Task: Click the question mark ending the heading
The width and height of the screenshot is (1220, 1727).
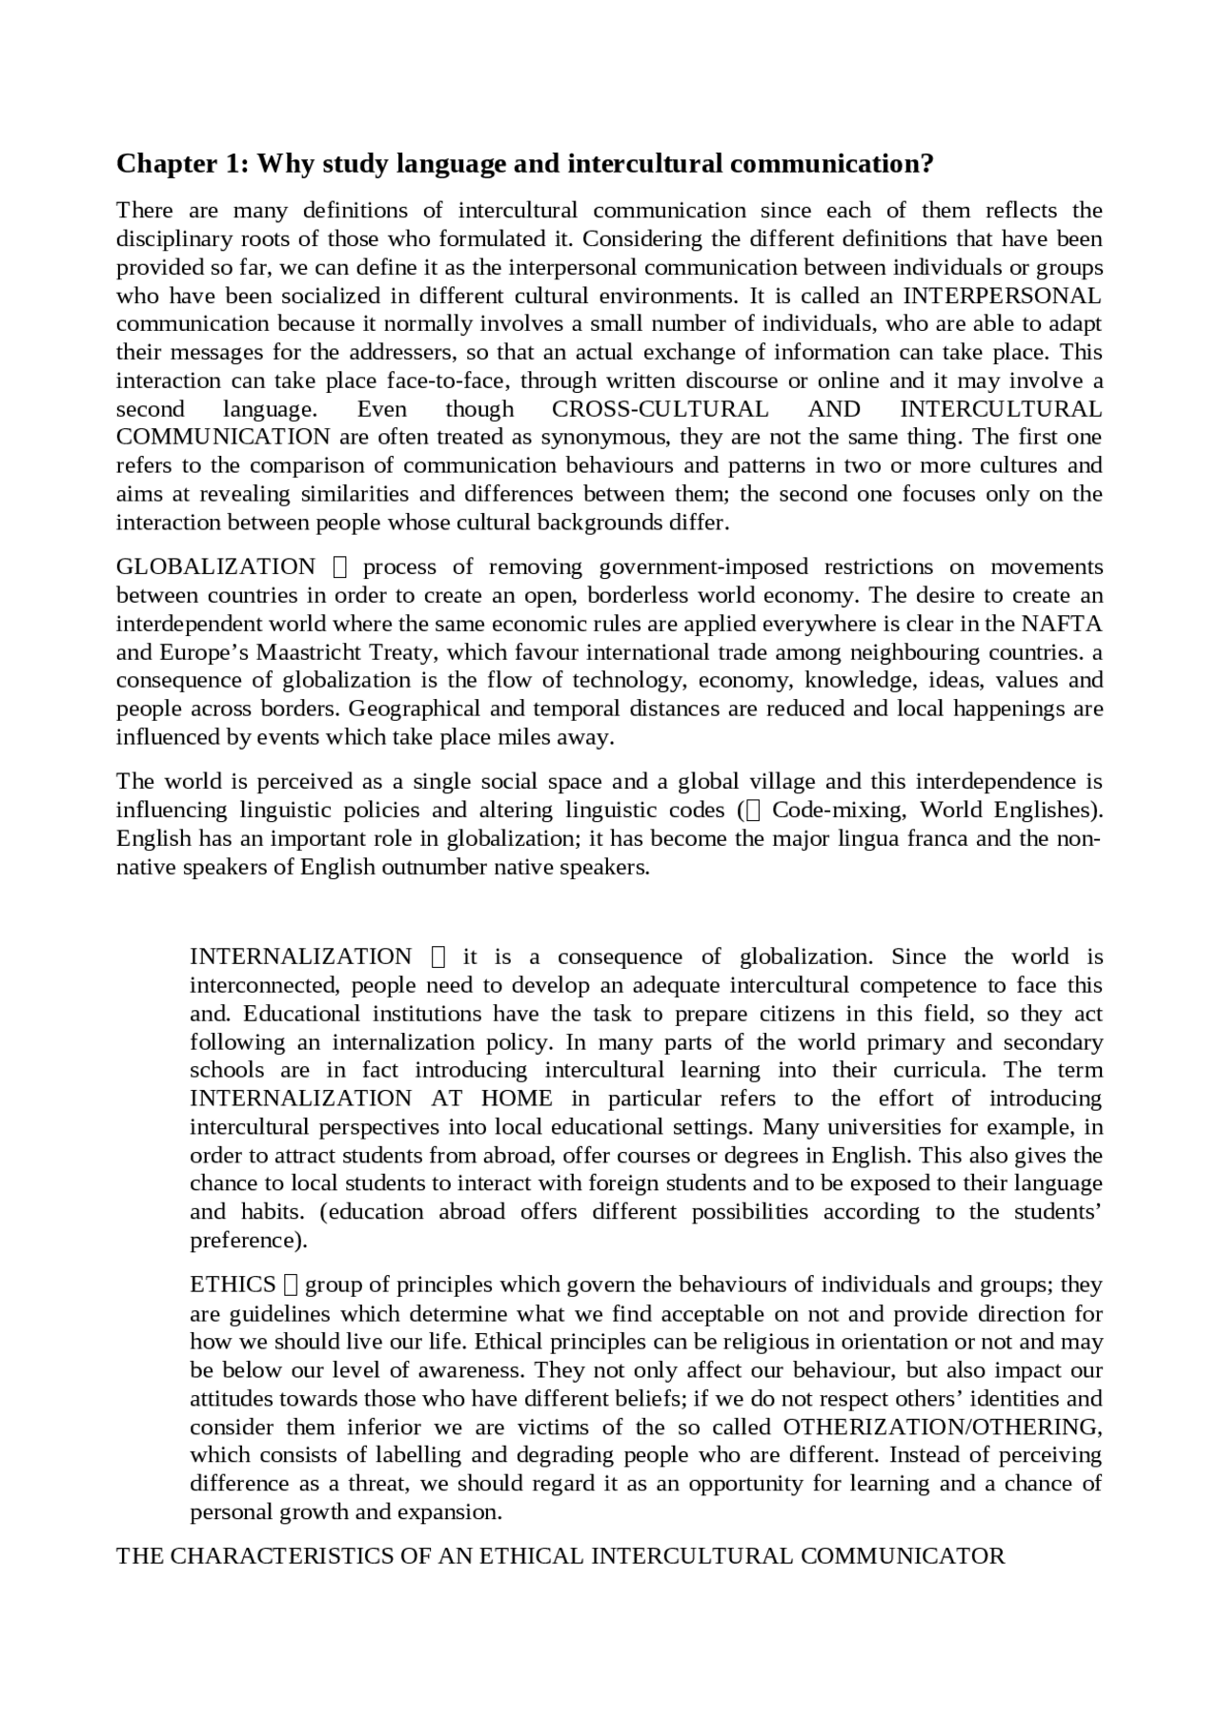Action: coord(926,164)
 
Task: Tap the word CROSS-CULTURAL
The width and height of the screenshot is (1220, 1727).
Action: coord(660,409)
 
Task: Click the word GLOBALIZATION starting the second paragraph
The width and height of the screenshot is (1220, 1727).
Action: coord(215,566)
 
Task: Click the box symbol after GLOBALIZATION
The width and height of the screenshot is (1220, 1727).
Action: coord(343,567)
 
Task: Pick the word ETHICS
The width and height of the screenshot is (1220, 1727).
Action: coord(233,1285)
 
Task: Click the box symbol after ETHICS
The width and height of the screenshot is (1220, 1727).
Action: coord(292,1285)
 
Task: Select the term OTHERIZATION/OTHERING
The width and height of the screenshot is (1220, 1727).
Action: coord(942,1427)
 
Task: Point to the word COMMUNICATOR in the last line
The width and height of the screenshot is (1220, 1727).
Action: coord(903,1555)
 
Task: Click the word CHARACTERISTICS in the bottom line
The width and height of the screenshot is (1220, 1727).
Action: coord(299,1555)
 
